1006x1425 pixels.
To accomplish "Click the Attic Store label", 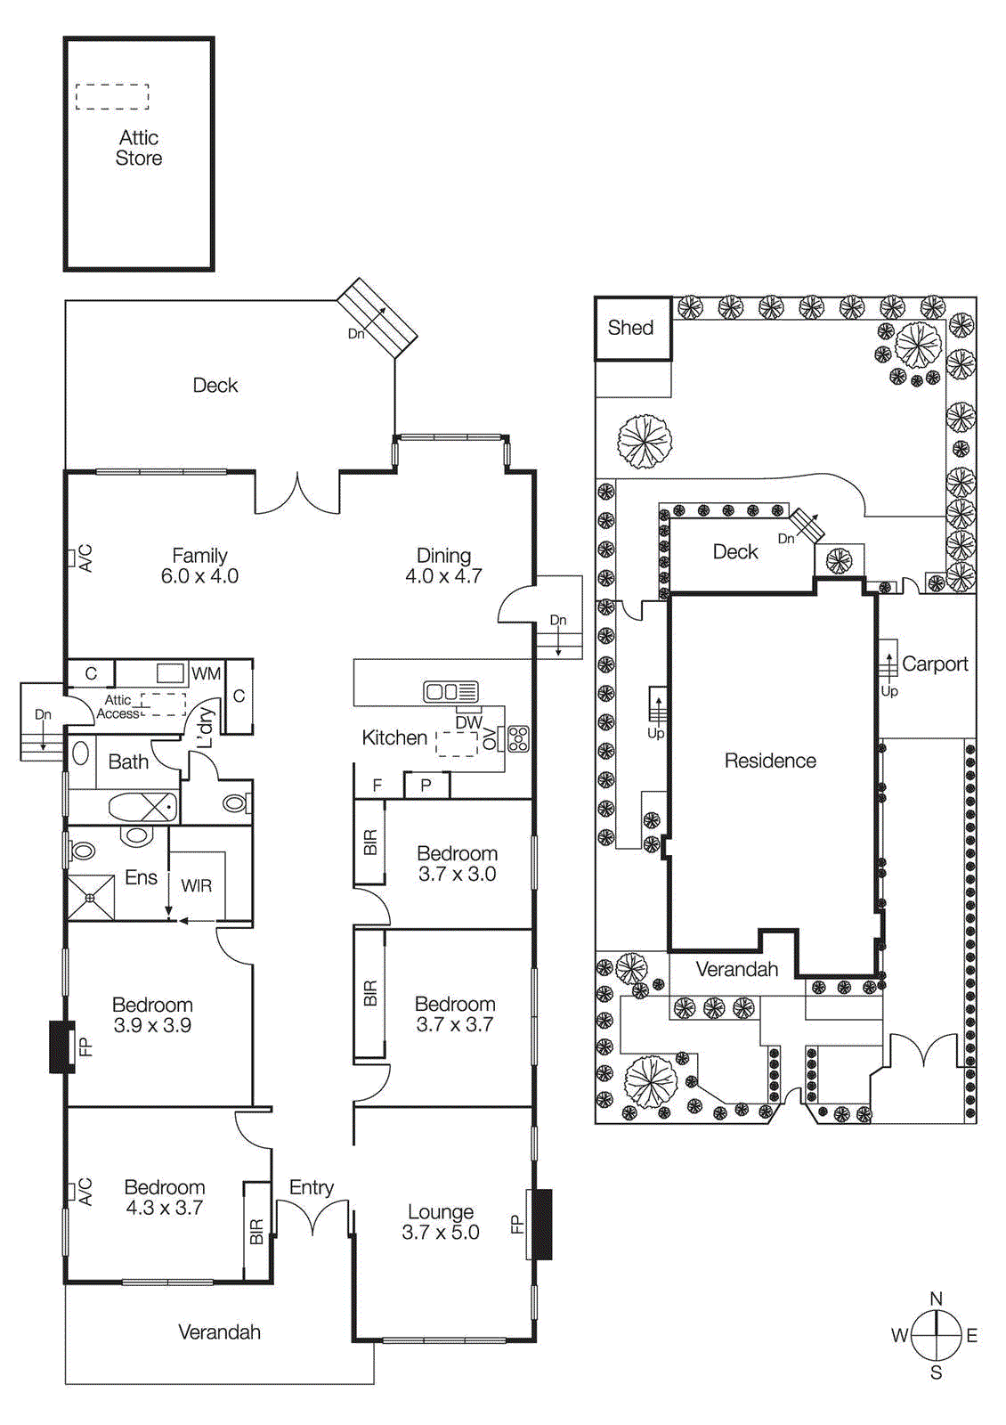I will (x=139, y=148).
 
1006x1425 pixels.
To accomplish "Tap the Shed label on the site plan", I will (x=630, y=328).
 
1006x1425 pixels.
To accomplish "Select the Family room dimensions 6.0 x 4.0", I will (x=199, y=576).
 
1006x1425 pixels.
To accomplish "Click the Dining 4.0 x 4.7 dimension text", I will (x=443, y=576).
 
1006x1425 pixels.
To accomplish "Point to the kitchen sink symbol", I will (x=450, y=691).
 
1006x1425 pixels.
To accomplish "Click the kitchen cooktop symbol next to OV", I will (x=518, y=738).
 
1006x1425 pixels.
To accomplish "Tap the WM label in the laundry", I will (x=206, y=673).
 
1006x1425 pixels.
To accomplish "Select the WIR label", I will (x=196, y=885).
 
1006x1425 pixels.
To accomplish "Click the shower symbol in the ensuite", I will (x=92, y=898).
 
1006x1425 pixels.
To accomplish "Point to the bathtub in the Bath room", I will (x=142, y=808).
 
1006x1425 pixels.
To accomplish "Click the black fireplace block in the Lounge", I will (x=541, y=1224).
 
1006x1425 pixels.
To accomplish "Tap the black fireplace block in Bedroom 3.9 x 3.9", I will (x=61, y=1046).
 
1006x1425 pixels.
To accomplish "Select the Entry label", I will (x=312, y=1187).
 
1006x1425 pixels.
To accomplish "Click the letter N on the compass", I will (x=936, y=1299).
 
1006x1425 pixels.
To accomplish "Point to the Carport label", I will (x=934, y=664).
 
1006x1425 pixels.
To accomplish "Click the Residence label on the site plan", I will (x=770, y=761).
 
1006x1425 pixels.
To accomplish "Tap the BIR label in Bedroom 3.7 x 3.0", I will (x=370, y=843).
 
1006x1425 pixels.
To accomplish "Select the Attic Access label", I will (x=118, y=707).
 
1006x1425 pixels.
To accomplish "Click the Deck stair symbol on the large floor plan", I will (x=377, y=317).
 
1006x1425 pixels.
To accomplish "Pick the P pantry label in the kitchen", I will (x=426, y=786).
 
